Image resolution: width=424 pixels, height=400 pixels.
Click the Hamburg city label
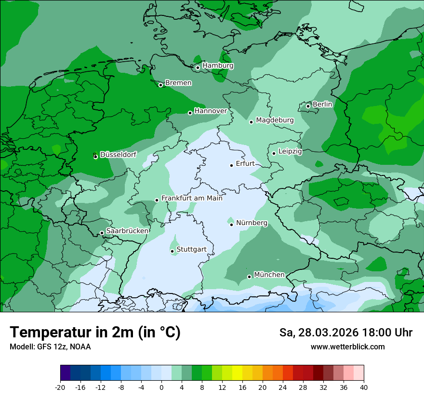pyautogui.click(x=218, y=66)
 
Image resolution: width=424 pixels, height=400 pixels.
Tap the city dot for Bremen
pyautogui.click(x=161, y=85)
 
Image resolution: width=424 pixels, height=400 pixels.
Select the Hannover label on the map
pyautogui.click(x=211, y=111)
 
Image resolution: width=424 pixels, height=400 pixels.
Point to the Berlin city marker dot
pyautogui.click(x=308, y=106)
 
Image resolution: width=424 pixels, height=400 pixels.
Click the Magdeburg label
pyautogui.click(x=275, y=120)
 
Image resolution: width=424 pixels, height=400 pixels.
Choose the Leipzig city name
pyautogui.click(x=290, y=151)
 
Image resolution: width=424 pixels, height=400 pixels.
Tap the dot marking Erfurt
pyautogui.click(x=231, y=165)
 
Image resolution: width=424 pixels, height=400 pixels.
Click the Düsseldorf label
pyautogui.click(x=118, y=155)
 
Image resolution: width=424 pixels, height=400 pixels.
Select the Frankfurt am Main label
pyautogui.click(x=192, y=198)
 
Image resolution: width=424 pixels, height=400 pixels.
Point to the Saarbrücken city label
pyautogui.click(x=127, y=231)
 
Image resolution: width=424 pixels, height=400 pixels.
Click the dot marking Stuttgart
pyautogui.click(x=172, y=251)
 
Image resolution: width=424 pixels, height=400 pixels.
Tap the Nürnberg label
pyautogui.click(x=252, y=223)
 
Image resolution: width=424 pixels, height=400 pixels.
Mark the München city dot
pyautogui.click(x=249, y=277)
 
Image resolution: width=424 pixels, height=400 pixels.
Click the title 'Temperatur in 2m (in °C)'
pyautogui.click(x=95, y=333)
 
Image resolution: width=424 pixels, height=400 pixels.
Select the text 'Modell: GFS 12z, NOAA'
pyautogui.click(x=50, y=347)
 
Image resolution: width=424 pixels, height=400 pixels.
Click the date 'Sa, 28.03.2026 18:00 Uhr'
pyautogui.click(x=345, y=333)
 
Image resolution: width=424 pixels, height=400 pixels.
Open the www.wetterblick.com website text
pyautogui.click(x=347, y=347)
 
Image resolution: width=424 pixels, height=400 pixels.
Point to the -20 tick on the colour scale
pyautogui.click(x=60, y=387)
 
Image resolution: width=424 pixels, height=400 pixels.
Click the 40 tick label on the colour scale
pyautogui.click(x=364, y=387)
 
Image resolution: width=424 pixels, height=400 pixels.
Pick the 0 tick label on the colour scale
pyautogui.click(x=161, y=387)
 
